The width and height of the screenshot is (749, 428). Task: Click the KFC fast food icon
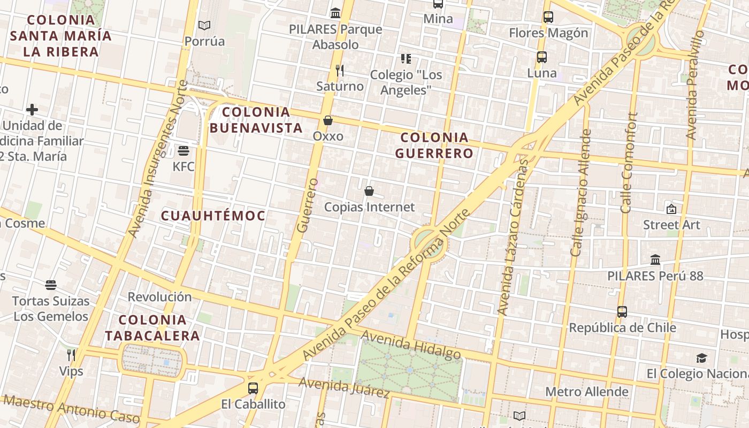click(x=184, y=150)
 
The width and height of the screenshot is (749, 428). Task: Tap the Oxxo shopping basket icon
click(x=328, y=120)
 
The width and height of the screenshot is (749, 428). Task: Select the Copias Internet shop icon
click(x=369, y=190)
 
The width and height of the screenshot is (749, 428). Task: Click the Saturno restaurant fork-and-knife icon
click(x=339, y=70)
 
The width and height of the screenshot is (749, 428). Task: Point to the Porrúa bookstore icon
click(x=204, y=25)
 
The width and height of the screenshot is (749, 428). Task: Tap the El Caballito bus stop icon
click(x=253, y=388)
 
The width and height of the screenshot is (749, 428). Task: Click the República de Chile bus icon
click(x=622, y=311)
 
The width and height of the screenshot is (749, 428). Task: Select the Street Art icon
click(x=671, y=209)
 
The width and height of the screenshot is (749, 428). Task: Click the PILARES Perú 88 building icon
click(x=655, y=260)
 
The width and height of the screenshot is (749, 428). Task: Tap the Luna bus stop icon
click(x=542, y=57)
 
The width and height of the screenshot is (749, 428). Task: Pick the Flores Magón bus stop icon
click(x=548, y=17)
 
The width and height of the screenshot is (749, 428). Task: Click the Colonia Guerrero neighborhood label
click(x=434, y=146)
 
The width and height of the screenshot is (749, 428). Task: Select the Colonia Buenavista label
click(x=256, y=120)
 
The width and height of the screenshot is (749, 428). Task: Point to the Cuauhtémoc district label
click(x=213, y=216)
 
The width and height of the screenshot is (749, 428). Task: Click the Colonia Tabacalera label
click(x=152, y=328)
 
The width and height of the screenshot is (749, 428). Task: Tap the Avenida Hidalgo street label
click(x=411, y=345)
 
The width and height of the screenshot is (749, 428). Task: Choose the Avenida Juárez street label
click(x=344, y=387)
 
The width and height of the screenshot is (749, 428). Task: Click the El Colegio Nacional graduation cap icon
click(x=701, y=358)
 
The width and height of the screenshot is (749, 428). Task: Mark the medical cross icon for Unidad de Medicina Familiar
click(x=32, y=110)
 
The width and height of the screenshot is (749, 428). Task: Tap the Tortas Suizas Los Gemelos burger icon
click(x=51, y=285)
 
